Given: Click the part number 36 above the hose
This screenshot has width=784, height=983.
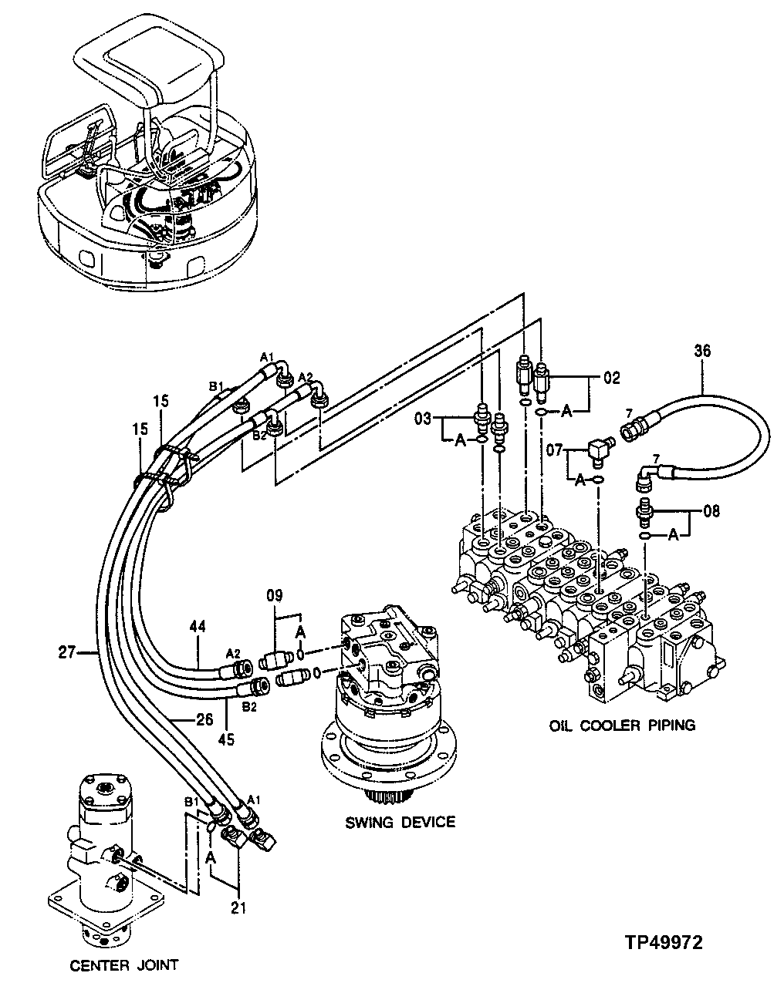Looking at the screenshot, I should [x=702, y=351].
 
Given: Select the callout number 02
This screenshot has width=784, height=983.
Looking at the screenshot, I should [x=611, y=379].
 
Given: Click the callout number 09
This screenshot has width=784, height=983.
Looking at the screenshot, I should [x=275, y=595].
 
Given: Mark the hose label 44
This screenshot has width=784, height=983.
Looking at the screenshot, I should [x=198, y=628].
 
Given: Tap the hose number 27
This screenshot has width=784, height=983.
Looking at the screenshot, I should [x=67, y=654].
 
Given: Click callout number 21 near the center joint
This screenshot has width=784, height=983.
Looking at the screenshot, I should [x=238, y=908].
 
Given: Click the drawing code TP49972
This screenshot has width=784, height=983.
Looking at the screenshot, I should [x=664, y=942].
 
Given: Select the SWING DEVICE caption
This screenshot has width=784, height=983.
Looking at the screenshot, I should [x=400, y=822].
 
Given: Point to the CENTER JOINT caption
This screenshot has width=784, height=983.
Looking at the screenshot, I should [x=124, y=964].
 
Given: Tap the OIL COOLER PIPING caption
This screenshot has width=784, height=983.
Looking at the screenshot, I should [x=622, y=725].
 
